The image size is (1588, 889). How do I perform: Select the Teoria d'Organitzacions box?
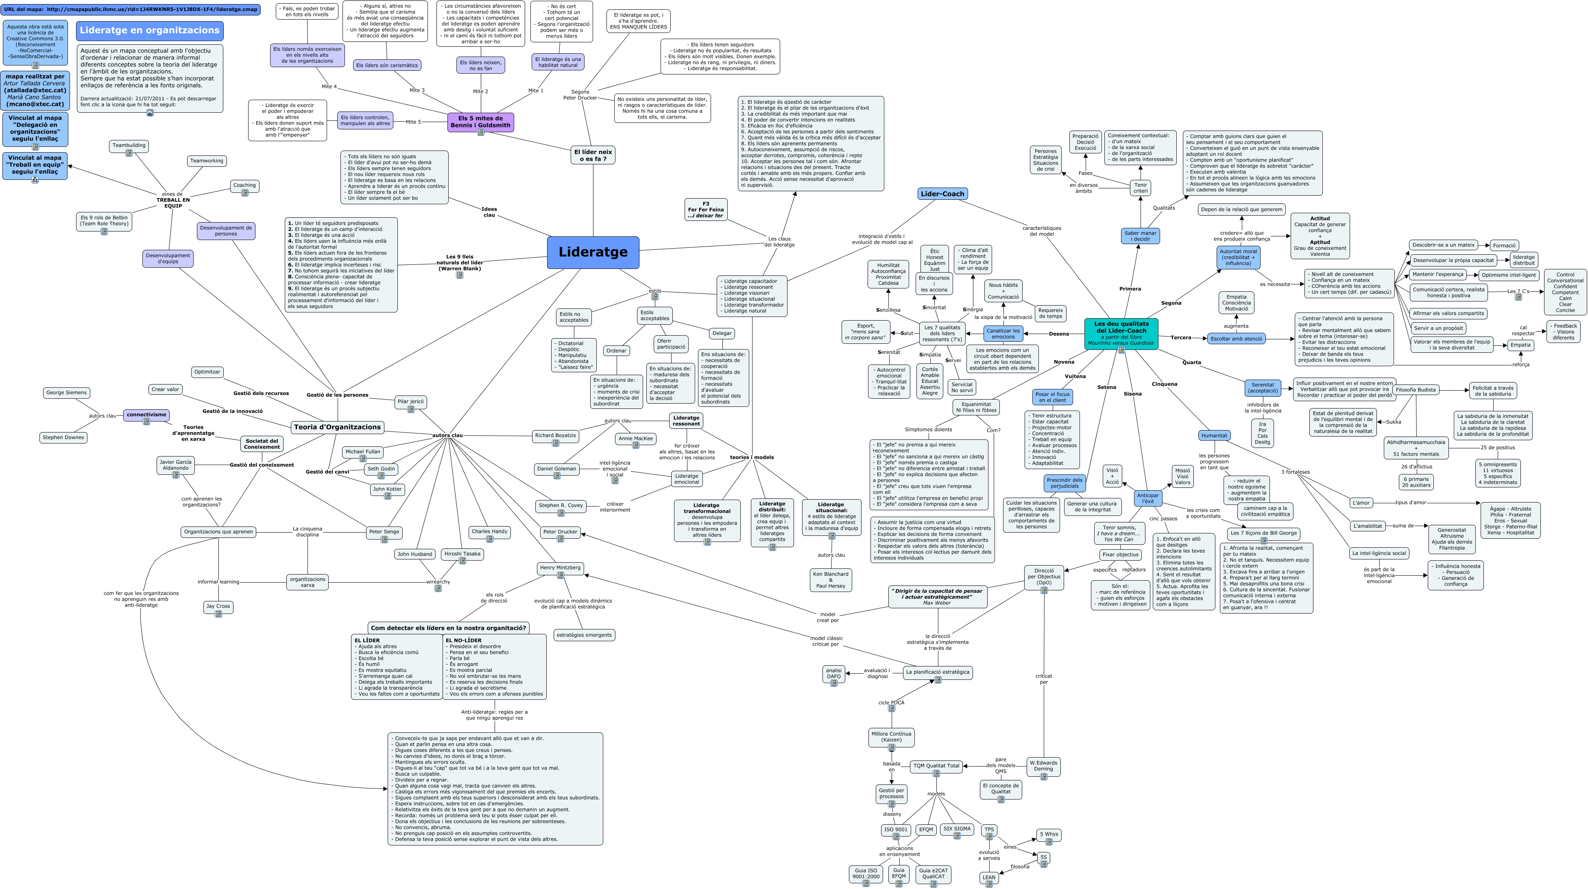[x=337, y=427]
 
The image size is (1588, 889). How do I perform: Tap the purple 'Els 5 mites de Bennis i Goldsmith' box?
[x=480, y=122]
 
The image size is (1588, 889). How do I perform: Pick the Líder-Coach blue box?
[x=942, y=194]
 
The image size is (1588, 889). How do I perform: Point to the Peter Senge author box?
[x=384, y=531]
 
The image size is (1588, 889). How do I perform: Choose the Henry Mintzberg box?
[x=560, y=568]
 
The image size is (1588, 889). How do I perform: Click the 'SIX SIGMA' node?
[x=957, y=829]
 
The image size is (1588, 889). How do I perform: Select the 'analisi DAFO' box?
[x=833, y=674]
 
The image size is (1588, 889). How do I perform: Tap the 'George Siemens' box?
[x=67, y=393]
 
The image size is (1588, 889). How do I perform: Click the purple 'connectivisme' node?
[x=146, y=415]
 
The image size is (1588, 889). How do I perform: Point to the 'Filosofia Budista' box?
[x=1416, y=390]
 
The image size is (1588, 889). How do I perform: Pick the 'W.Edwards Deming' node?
[x=1043, y=766]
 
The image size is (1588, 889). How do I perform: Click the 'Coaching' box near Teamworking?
[x=244, y=186]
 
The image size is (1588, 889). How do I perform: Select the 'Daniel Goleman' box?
[x=556, y=469]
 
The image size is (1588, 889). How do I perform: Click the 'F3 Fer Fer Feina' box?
[x=706, y=210]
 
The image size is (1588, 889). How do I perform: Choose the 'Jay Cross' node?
[x=218, y=607]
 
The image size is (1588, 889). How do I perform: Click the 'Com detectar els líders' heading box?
[x=448, y=628]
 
